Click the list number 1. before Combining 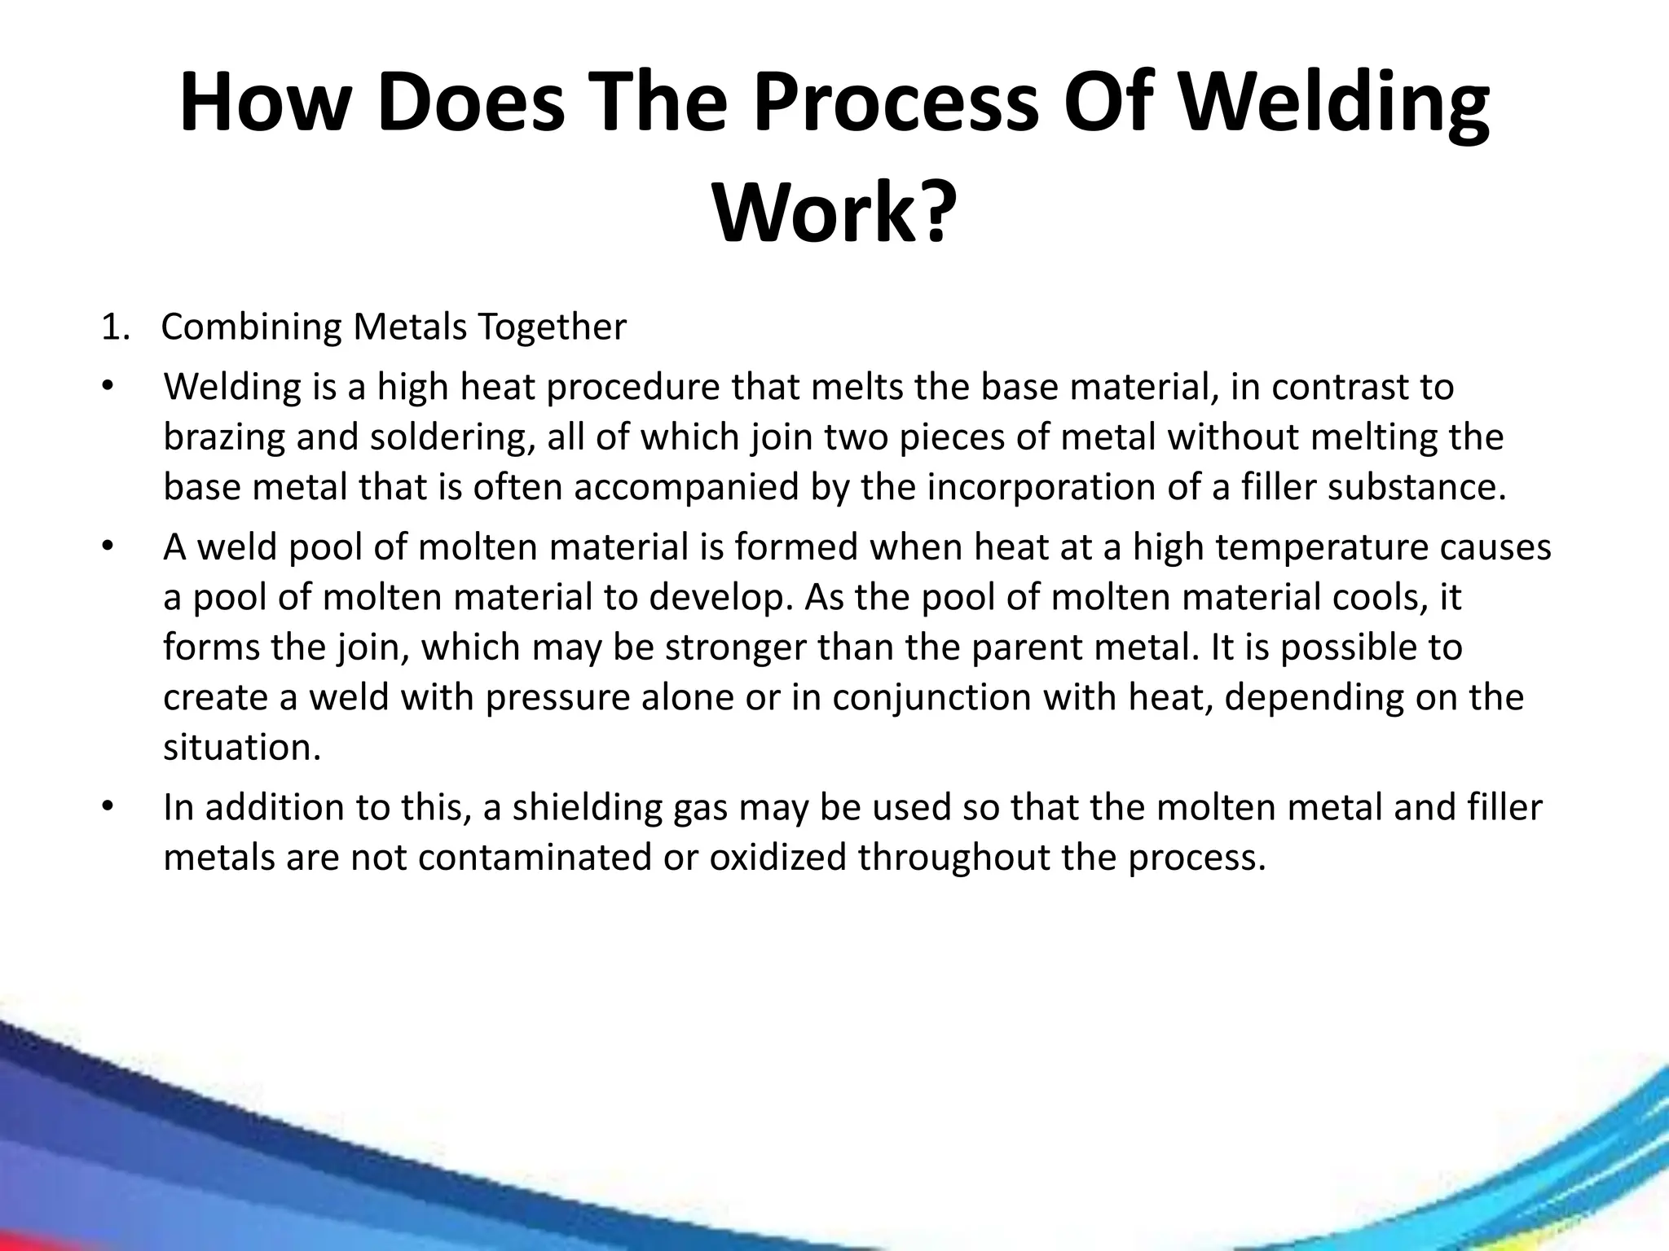(116, 327)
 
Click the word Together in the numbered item (552, 327)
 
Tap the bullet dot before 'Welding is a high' (107, 386)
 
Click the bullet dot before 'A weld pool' (107, 546)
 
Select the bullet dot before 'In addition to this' (107, 807)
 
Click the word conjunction (941, 698)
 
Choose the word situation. (242, 748)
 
